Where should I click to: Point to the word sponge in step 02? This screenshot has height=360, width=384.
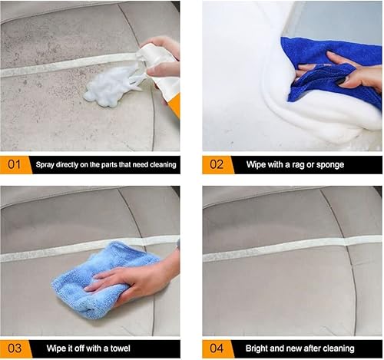[x=331, y=165]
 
